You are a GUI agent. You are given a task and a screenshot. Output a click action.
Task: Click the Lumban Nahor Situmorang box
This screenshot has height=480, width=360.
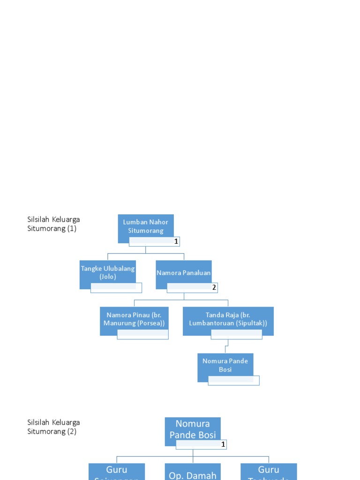point(146,226)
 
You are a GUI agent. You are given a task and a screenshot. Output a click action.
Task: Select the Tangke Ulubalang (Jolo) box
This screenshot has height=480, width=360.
point(108,272)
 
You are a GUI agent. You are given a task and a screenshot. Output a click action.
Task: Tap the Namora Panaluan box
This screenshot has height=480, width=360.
point(184,272)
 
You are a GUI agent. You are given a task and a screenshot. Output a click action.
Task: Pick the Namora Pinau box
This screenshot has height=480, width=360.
point(134,319)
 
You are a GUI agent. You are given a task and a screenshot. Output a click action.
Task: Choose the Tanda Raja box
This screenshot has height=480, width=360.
point(228,319)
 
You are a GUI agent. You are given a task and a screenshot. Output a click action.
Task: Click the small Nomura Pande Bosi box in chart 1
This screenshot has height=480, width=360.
point(225,365)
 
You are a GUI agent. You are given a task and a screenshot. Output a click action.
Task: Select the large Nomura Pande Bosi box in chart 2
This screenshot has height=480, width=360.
point(193,429)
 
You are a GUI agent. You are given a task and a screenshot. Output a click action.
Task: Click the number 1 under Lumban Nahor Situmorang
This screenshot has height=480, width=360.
point(176,241)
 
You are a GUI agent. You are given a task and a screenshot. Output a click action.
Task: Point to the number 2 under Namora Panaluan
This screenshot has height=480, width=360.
point(214,287)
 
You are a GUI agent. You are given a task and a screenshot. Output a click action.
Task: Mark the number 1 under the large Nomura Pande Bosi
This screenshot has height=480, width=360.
point(224,444)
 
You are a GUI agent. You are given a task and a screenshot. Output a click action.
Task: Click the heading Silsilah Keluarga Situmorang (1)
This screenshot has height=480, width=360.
point(53,224)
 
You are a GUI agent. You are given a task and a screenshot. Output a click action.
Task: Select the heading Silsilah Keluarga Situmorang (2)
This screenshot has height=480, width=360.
point(53,427)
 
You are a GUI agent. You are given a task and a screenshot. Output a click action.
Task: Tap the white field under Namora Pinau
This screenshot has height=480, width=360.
point(142,334)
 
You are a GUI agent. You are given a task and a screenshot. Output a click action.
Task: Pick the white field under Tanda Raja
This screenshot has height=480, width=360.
point(237,334)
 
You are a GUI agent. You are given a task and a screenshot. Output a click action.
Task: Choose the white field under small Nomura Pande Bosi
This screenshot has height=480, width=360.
point(233,380)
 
